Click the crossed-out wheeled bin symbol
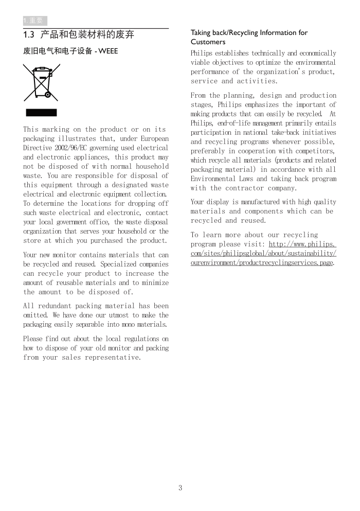coord(41,82)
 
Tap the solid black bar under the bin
coord(41,113)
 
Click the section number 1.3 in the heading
coord(29,35)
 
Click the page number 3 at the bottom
coord(180,488)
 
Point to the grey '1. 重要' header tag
coord(35,21)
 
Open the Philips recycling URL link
coord(263,254)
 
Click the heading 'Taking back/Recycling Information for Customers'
coord(249,37)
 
